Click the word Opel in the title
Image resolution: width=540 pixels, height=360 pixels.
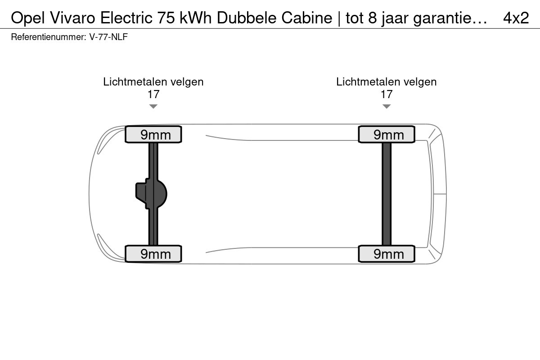(x=28, y=18)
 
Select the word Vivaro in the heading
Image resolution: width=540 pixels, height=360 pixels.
(x=73, y=18)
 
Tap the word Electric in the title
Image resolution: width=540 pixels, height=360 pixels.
(x=126, y=18)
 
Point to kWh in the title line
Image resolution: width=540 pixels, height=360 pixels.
(x=196, y=18)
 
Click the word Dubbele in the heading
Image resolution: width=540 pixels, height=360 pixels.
(x=247, y=18)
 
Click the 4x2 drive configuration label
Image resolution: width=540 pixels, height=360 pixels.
(x=516, y=18)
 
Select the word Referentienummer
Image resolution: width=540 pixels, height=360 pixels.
(x=49, y=37)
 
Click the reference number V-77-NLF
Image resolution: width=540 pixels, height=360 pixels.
(x=108, y=37)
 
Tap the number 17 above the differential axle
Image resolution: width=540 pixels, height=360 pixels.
(x=153, y=94)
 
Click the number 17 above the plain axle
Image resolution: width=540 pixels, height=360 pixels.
(x=387, y=94)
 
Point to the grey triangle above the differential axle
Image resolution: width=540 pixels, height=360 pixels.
(x=153, y=106)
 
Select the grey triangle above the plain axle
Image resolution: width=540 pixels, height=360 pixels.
(x=387, y=106)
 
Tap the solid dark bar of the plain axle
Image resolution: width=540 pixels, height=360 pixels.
(x=387, y=194)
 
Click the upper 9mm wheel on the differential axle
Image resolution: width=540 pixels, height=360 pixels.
(x=153, y=134)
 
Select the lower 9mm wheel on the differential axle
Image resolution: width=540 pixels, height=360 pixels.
(x=153, y=254)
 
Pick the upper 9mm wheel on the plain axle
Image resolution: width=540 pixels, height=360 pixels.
(x=387, y=134)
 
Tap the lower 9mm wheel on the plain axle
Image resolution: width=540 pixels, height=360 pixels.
(x=387, y=254)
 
